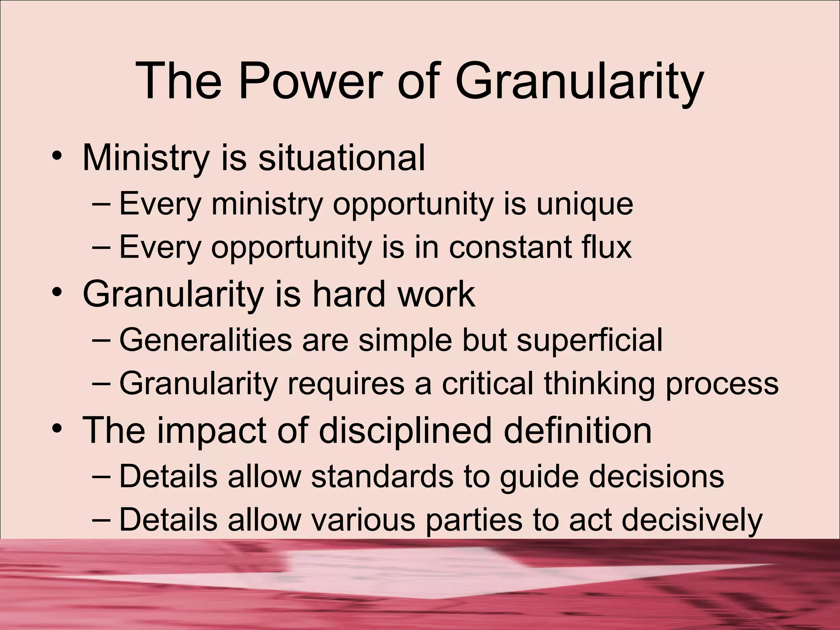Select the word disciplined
click(x=405, y=431)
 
